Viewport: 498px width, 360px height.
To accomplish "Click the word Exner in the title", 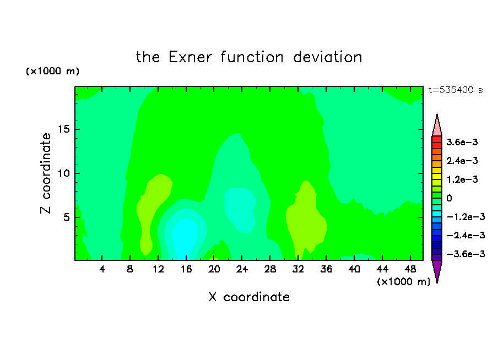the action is [x=190, y=57].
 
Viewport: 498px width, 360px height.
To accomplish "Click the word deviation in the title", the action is [x=327, y=57].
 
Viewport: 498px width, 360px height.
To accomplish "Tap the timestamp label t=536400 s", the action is [x=456, y=90].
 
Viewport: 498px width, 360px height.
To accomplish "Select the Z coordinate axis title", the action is [x=45, y=173].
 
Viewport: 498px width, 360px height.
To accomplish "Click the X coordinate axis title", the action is [x=249, y=297].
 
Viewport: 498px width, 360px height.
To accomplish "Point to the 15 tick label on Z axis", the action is [x=63, y=129].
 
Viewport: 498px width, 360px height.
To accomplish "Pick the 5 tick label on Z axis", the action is [x=66, y=217].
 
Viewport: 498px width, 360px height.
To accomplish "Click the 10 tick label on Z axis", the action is [x=63, y=173].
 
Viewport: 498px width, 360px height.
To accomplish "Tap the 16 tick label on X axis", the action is [x=186, y=269].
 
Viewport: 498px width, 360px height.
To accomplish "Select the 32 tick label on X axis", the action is [x=298, y=269].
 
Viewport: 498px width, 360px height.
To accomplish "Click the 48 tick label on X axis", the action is [x=410, y=269].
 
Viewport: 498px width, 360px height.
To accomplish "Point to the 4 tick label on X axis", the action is [x=102, y=269].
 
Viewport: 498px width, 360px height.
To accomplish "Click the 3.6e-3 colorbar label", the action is [x=462, y=142].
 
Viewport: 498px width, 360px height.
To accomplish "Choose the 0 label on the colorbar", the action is [x=449, y=198].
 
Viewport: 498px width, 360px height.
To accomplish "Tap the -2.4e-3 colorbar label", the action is [x=465, y=235].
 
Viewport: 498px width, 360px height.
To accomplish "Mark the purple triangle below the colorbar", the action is [x=437, y=270].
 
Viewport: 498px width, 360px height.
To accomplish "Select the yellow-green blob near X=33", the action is [x=306, y=219].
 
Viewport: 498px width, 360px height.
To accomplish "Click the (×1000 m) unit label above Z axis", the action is [x=52, y=71].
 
